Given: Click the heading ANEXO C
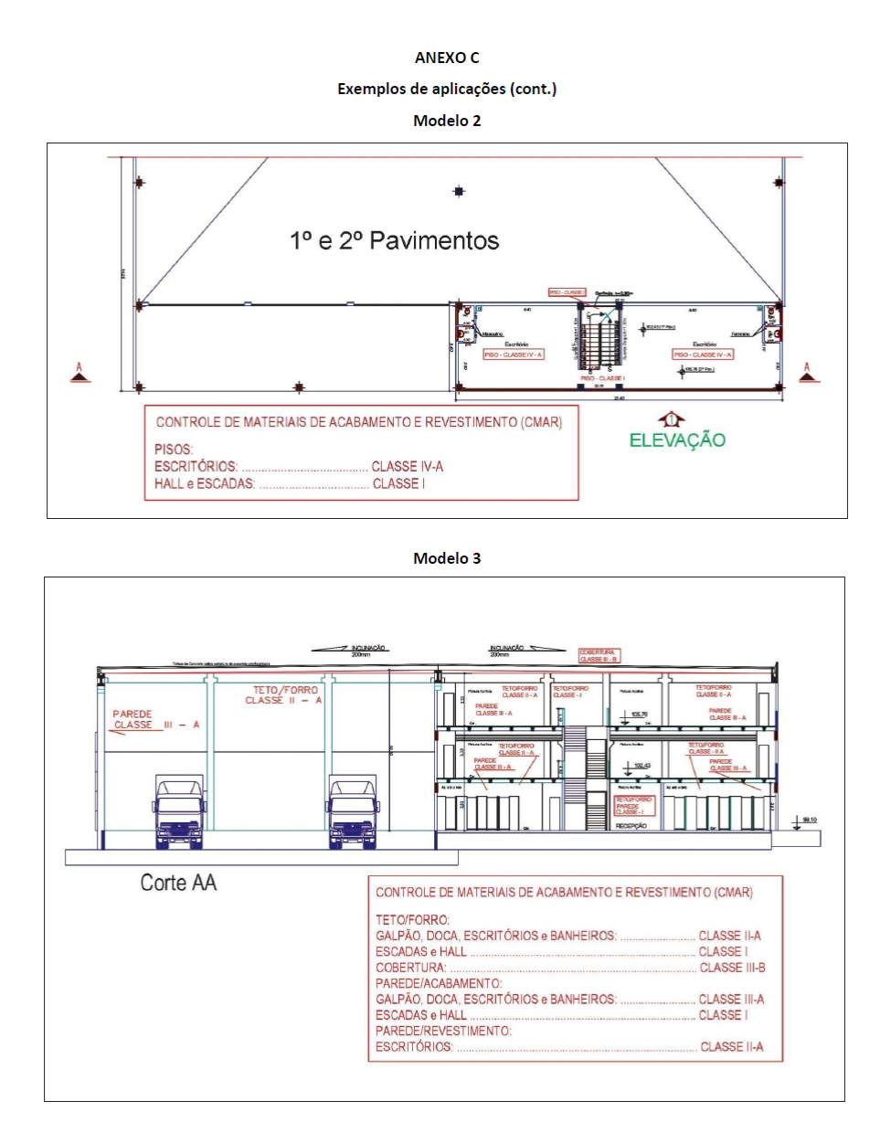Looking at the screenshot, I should point(447,58).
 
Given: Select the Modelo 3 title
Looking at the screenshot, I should point(447,558).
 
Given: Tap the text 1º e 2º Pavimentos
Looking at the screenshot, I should point(395,241).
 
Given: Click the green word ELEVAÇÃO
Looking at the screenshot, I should point(677,440).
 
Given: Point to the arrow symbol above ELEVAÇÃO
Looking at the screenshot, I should point(672,419).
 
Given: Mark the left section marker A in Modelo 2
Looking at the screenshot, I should point(80,372).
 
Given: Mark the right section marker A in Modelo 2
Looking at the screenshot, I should point(806,372).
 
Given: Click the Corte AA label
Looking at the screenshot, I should point(178,883).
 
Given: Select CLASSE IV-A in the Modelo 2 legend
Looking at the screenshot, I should point(407,467).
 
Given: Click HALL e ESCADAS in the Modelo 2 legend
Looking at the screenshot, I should point(205,483).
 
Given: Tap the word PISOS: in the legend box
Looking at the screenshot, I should point(174,450).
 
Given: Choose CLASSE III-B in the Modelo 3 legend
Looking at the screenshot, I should point(732,968).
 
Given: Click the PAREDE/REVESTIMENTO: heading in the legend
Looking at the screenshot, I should point(443,1031).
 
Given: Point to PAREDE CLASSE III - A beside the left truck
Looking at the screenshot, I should point(154,720).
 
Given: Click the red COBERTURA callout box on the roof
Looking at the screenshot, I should point(599,656).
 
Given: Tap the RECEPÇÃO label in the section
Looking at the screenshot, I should point(631,826).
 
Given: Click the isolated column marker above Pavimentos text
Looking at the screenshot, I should point(459,191).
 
